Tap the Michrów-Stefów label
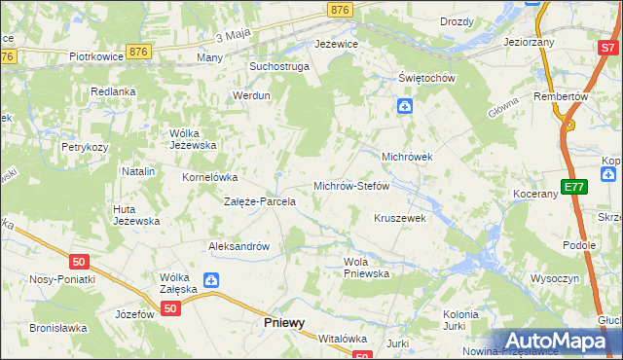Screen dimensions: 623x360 click(351, 185)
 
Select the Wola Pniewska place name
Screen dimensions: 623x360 click(366, 268)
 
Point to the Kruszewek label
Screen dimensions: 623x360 click(400, 218)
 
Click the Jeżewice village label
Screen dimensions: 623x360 click(337, 44)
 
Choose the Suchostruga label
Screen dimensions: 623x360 click(278, 66)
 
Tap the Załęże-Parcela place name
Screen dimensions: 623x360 click(260, 201)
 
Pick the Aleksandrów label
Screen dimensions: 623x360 click(238, 246)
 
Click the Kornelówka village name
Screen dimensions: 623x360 click(210, 177)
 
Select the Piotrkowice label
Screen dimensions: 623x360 click(95, 56)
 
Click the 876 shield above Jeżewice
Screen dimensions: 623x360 click(340, 9)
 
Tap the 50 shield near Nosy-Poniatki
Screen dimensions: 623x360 click(80, 261)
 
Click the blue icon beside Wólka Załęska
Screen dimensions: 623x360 click(210, 281)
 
